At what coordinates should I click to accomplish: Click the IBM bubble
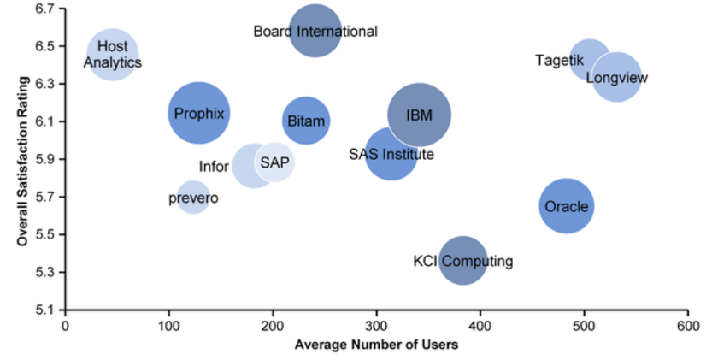420,115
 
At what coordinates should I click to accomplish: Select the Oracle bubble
566,206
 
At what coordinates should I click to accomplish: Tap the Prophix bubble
199,113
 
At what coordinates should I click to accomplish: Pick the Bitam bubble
306,121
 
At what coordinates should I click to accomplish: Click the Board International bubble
315,32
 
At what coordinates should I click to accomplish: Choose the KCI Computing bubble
462,260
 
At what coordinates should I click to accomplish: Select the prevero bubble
193,198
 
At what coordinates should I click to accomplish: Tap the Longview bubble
616,78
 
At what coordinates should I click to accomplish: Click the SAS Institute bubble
391,154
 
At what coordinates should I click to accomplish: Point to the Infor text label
214,167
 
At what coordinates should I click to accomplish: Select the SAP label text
275,162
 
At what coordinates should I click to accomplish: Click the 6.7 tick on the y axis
44,9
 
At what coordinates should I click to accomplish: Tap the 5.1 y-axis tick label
44,310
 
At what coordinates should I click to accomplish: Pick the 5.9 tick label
44,159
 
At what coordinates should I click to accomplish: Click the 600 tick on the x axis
687,326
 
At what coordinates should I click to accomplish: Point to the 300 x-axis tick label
376,326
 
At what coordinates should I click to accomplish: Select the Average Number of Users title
376,345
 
